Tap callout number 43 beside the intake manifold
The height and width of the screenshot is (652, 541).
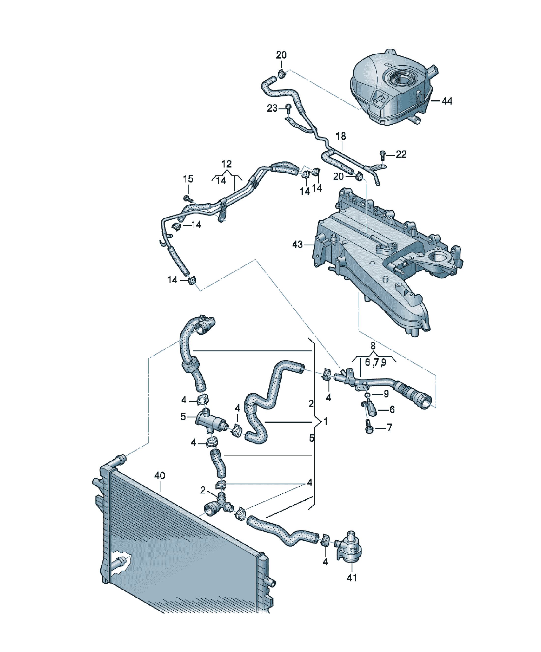click(x=297, y=245)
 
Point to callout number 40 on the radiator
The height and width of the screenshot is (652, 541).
click(x=159, y=475)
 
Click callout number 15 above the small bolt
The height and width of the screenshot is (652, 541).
click(x=188, y=179)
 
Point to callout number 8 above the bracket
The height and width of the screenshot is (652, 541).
click(x=373, y=346)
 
